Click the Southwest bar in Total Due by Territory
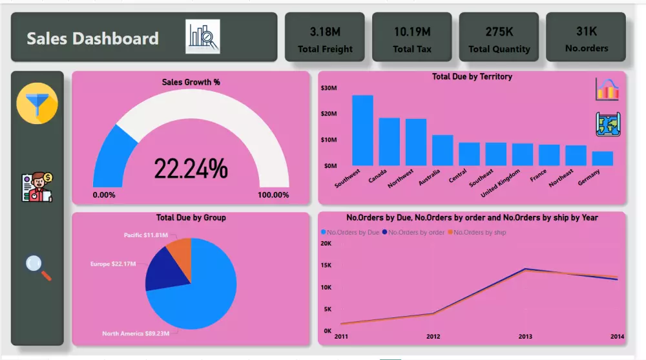[x=362, y=131]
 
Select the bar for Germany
[x=602, y=159]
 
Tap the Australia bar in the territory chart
[x=443, y=151]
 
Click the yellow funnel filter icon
[x=37, y=104]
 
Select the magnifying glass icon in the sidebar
[x=38, y=267]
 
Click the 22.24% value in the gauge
[x=191, y=169]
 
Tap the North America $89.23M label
[x=136, y=334]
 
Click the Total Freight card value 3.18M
[x=325, y=31]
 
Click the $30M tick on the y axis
[x=329, y=87]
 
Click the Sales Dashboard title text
[x=92, y=39]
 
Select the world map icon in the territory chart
[x=607, y=124]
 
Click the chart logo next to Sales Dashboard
[x=203, y=36]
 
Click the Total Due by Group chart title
[x=191, y=218]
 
